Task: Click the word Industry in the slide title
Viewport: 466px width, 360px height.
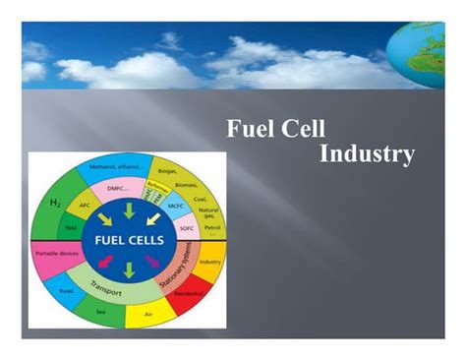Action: click(x=367, y=154)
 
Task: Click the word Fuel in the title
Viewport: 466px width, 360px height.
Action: click(x=250, y=129)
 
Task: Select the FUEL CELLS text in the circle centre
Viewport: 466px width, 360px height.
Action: click(x=129, y=238)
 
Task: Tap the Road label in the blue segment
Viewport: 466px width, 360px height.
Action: click(x=67, y=292)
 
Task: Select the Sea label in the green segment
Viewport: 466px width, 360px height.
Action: click(x=99, y=314)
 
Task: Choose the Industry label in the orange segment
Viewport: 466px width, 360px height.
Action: click(x=209, y=262)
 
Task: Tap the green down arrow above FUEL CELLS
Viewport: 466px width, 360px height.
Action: click(x=129, y=210)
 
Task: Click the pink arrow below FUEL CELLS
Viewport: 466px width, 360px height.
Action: click(x=151, y=260)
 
